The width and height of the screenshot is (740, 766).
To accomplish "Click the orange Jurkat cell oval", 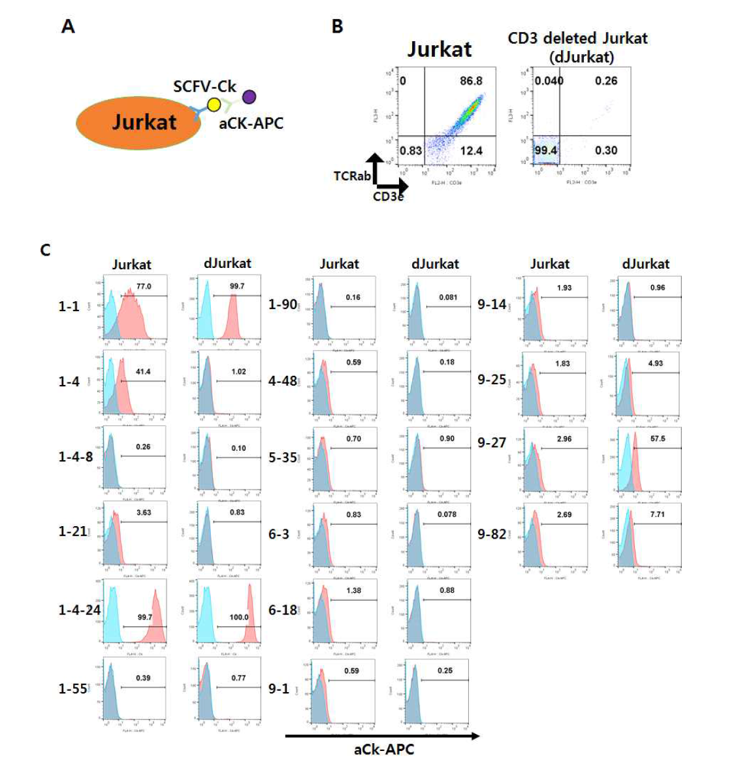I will coord(138,123).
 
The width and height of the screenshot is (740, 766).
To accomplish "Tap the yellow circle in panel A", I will coord(214,105).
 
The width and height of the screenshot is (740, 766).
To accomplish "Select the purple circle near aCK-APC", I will coord(249,97).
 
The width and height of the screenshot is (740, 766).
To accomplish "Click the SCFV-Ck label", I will coord(204,86).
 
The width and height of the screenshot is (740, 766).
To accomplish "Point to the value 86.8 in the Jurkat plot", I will coord(471,81).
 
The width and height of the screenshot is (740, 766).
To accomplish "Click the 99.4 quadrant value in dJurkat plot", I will coord(545,150).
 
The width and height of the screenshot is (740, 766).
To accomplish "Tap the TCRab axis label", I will coord(351,176).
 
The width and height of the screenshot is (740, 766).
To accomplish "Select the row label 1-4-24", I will coord(79,610).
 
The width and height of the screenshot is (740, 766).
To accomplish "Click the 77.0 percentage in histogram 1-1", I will coord(144,286).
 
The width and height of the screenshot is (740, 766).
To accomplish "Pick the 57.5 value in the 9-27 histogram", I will coord(658,439).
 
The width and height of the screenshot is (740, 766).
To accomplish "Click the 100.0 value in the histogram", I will coord(239,617).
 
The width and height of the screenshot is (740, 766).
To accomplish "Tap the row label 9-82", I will coord(492,534).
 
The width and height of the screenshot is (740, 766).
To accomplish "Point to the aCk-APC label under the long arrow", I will coord(384,750).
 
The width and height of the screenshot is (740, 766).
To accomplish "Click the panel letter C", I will coord(45,250).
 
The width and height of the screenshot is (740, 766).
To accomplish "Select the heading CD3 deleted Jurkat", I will coord(577,39).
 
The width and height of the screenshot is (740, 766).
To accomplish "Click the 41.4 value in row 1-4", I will coord(143,371).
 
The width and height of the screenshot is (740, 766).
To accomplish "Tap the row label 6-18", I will coord(283,610).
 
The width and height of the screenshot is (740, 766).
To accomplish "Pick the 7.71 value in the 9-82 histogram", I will coord(657,514).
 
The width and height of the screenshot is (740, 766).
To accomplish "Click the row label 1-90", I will coord(283,304).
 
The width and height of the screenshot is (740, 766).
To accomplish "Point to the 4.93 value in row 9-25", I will coord(655,363).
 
